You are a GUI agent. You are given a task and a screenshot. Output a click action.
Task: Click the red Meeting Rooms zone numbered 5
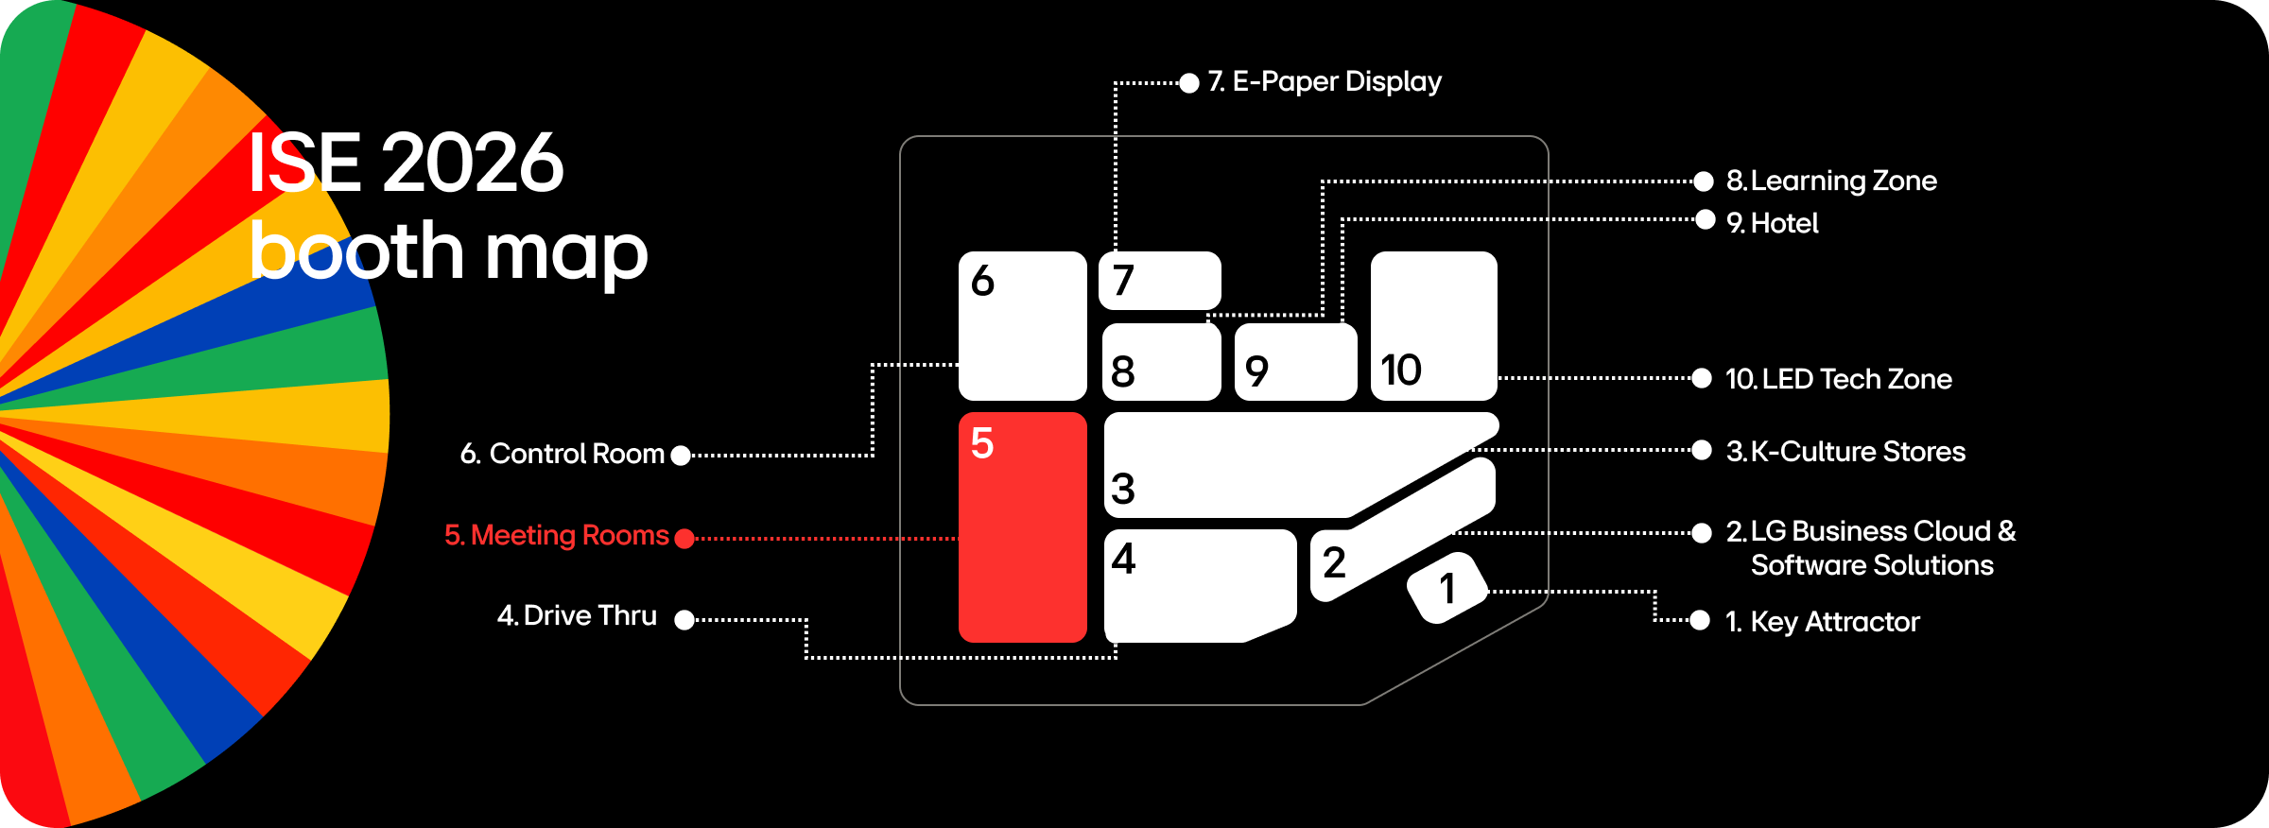[1022, 527]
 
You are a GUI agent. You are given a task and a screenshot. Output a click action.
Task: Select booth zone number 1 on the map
[1446, 588]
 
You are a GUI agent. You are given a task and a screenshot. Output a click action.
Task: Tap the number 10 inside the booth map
[1400, 370]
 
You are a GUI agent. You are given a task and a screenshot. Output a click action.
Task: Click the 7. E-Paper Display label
[1325, 81]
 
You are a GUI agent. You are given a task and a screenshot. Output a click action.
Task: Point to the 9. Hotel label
[1773, 223]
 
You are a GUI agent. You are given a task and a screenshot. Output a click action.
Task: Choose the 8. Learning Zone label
[1831, 181]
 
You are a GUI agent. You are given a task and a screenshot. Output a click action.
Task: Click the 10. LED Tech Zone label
[1838, 379]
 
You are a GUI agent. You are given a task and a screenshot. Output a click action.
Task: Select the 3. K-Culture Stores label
[1845, 452]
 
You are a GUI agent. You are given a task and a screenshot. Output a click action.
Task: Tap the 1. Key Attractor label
[1823, 622]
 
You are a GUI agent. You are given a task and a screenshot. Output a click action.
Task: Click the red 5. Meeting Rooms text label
[557, 536]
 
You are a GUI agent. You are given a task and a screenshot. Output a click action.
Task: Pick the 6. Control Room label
[563, 454]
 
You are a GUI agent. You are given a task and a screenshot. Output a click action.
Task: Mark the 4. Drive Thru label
[577, 615]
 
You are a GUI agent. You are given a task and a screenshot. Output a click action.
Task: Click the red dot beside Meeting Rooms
[684, 539]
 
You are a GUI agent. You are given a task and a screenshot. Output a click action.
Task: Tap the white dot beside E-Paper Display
[1189, 83]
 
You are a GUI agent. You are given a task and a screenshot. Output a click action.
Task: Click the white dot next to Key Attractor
[1700, 620]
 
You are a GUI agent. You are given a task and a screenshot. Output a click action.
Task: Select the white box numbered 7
[1160, 281]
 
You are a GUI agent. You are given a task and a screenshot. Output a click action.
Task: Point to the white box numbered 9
[1295, 362]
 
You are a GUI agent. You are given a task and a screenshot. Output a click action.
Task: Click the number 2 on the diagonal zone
[1334, 563]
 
